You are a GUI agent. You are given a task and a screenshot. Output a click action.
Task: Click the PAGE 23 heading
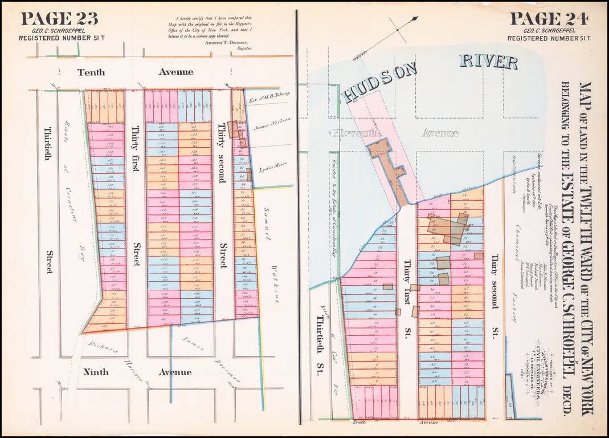click(59, 18)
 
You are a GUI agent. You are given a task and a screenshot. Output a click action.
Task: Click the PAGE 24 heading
click(549, 18)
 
